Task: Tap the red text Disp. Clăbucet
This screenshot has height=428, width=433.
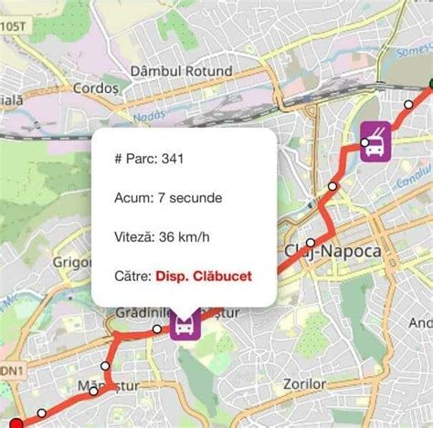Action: pyautogui.click(x=203, y=276)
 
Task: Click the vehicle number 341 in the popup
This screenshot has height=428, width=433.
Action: pyautogui.click(x=174, y=160)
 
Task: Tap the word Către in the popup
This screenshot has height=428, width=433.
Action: pyautogui.click(x=132, y=276)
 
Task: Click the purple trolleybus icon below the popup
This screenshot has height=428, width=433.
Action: pyautogui.click(x=184, y=326)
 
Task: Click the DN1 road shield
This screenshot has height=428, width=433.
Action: pyautogui.click(x=10, y=371)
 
